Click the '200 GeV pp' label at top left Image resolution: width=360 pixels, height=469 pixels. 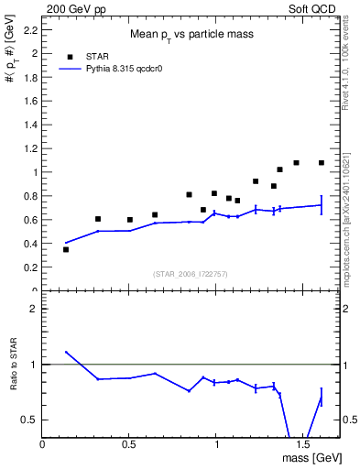(71, 7)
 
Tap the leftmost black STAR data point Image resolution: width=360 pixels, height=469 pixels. (66, 249)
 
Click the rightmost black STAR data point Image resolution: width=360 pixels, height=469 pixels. (322, 163)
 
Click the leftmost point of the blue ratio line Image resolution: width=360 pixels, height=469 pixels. (66, 352)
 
